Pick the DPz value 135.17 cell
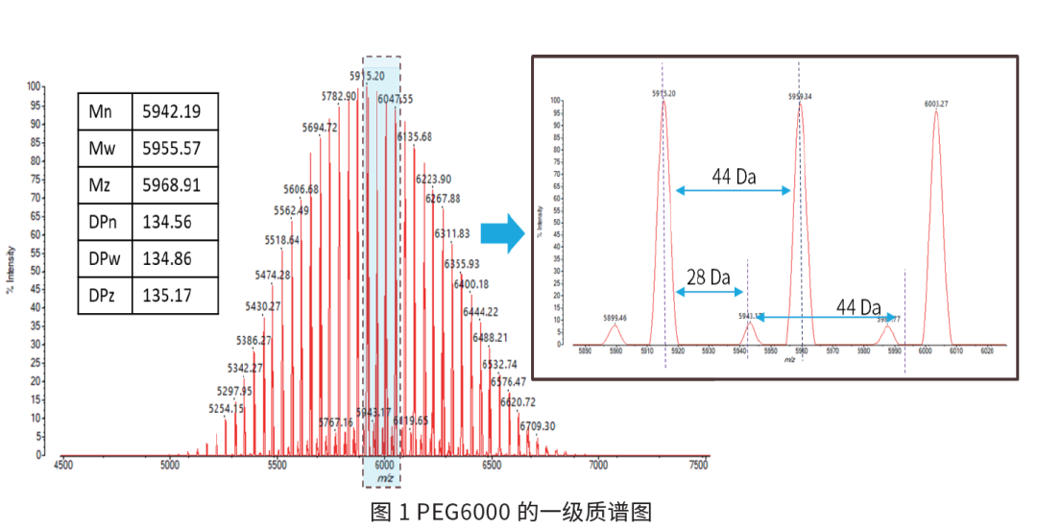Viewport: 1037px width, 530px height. [166, 295]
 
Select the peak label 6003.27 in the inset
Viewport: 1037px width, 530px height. [936, 103]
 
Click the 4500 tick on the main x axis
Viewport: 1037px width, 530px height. [62, 466]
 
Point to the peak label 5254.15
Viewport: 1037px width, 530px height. [227, 408]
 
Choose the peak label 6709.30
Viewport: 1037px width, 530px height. [538, 425]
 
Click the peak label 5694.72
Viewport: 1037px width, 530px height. [320, 128]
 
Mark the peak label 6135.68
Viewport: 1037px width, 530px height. [416, 136]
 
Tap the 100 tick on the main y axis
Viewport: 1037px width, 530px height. [34, 86]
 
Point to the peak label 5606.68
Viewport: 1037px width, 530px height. [301, 188]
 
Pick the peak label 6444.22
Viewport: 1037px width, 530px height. [480, 312]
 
